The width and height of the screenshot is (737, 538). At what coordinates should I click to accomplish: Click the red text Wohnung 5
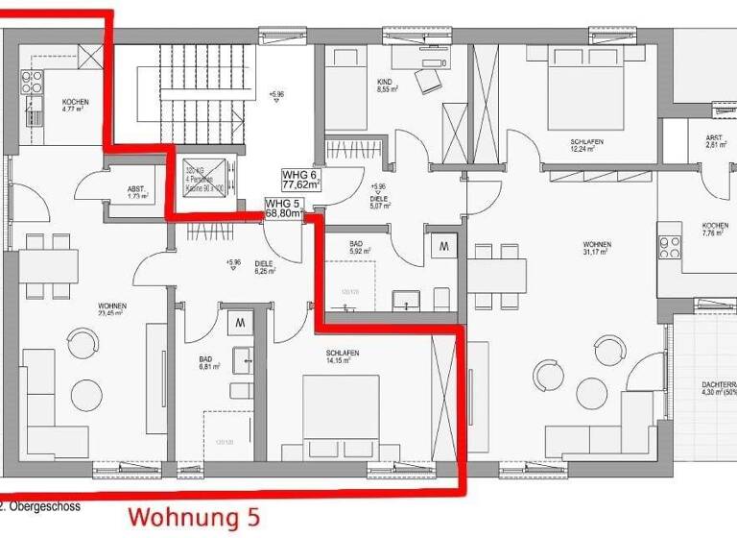point(194,517)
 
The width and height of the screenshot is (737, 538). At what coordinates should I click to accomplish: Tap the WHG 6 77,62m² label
point(301,180)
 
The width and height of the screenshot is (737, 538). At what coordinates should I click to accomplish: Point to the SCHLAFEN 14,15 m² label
point(342,357)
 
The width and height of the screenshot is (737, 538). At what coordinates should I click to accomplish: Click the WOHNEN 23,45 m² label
point(112,309)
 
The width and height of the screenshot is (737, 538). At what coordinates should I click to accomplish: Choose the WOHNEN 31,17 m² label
point(597,249)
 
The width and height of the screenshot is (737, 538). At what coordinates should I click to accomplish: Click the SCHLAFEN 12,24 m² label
point(586,146)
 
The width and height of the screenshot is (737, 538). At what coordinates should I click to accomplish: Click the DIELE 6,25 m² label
point(265,268)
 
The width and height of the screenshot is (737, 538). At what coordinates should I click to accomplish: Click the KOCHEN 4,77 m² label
point(75,106)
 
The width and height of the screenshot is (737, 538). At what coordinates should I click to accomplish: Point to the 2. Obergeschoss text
point(40,505)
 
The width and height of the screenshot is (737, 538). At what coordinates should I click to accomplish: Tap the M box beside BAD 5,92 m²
point(443,246)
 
